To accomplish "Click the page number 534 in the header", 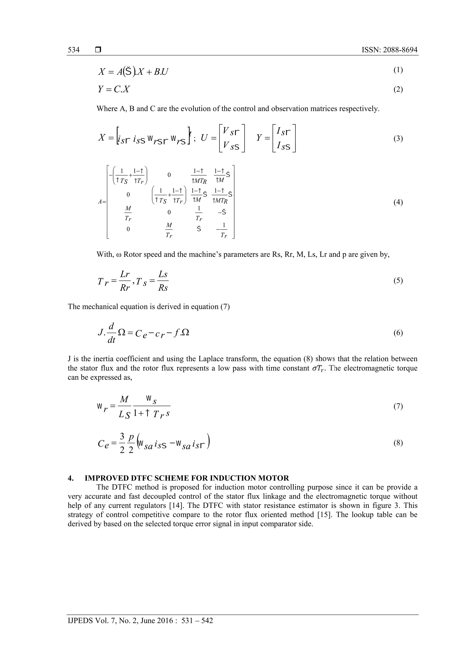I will (74, 50).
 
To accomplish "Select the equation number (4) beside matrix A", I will (398, 202).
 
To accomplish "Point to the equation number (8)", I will (398, 443).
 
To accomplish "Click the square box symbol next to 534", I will (98, 50).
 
